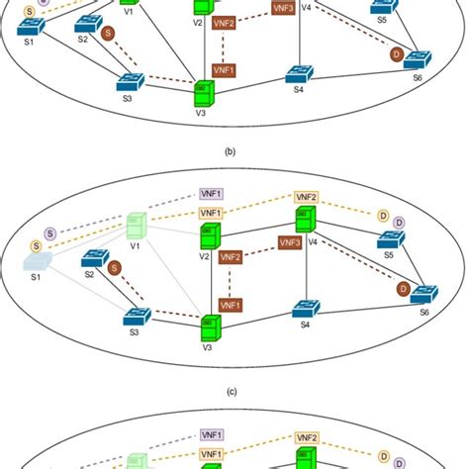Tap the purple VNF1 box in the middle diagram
pyautogui.click(x=211, y=193)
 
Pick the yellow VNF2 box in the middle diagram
pyautogui.click(x=305, y=197)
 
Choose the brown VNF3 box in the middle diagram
pyautogui.click(x=290, y=242)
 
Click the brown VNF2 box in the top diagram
pyautogui.click(x=225, y=21)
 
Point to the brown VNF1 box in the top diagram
pyautogui.click(x=225, y=71)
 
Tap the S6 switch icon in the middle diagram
pyautogui.click(x=422, y=295)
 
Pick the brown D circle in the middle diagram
pyautogui.click(x=403, y=288)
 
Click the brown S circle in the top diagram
pyautogui.click(x=108, y=34)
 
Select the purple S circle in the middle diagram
pyautogui.click(x=49, y=234)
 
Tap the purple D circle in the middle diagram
pyautogui.click(x=399, y=223)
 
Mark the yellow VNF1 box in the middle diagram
pyautogui.click(x=211, y=213)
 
